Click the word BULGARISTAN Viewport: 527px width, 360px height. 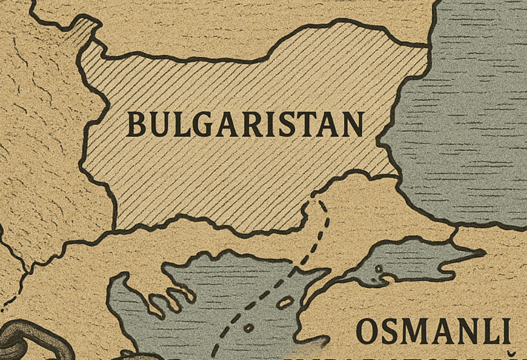coord(244,124)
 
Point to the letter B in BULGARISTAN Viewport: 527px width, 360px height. coord(136,124)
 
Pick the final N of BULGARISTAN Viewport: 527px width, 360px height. coord(352,124)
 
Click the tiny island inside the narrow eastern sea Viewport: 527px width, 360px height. coord(379,268)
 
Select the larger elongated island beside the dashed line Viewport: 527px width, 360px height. coord(284,303)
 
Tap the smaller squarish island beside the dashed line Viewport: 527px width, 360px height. coord(248,327)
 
